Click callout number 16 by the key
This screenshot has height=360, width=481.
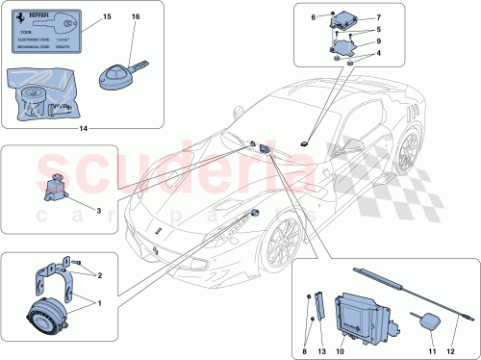tap(135, 17)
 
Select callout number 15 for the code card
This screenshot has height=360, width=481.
tap(106, 17)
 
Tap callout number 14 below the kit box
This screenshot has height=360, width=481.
tap(82, 128)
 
